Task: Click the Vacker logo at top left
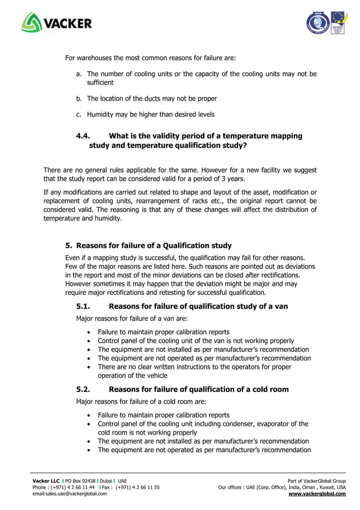pyautogui.click(x=56, y=23)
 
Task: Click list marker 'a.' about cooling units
pyautogui.click(x=79, y=74)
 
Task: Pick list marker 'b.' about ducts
pyautogui.click(x=79, y=99)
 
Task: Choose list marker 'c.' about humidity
pyautogui.click(x=79, y=115)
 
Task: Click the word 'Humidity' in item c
pyautogui.click(x=100, y=115)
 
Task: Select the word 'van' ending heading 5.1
pyautogui.click(x=281, y=306)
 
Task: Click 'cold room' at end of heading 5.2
pyautogui.click(x=270, y=389)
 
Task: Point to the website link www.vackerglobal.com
pyautogui.click(x=317, y=494)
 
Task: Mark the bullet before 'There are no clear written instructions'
pyautogui.click(x=90, y=367)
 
